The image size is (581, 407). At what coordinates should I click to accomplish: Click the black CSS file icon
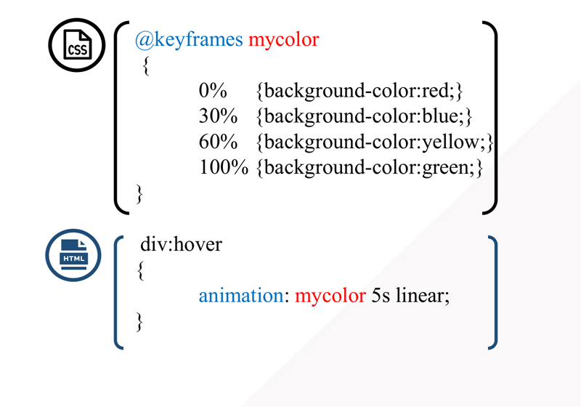pos(78,44)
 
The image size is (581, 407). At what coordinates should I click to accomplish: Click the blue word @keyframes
pos(189,39)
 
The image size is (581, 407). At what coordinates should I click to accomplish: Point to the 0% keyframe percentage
pos(213,91)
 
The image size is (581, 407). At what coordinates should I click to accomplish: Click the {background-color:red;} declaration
pos(359,91)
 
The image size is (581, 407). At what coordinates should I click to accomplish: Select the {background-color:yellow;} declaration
pos(375,142)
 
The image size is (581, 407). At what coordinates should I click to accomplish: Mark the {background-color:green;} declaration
pos(370,168)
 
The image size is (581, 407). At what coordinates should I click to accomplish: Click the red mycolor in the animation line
pos(330,297)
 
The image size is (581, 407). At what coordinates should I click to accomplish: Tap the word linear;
pos(423,297)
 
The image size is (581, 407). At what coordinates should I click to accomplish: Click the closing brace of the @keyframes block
pos(141,194)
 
